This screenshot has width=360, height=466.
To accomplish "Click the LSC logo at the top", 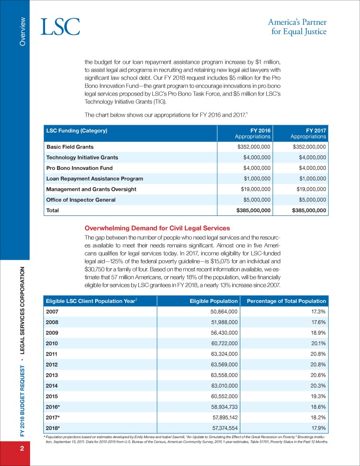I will pos(61,27).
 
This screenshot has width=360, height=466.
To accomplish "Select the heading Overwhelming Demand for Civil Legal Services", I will pos(157,228).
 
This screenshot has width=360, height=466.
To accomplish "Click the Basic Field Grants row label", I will pos(70,147).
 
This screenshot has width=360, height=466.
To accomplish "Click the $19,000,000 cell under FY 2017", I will pos(309,189).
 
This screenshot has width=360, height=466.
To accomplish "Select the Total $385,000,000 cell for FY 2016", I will pos(253,210).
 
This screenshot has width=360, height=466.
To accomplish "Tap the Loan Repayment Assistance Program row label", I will pos(95,179).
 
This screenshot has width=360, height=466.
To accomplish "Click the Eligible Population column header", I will pos(214,301).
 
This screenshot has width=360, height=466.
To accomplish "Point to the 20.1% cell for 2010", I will pos(318,343).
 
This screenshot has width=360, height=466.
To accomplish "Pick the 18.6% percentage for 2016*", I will pos(318,407).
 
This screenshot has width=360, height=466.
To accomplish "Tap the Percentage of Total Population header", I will pos(286,301).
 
